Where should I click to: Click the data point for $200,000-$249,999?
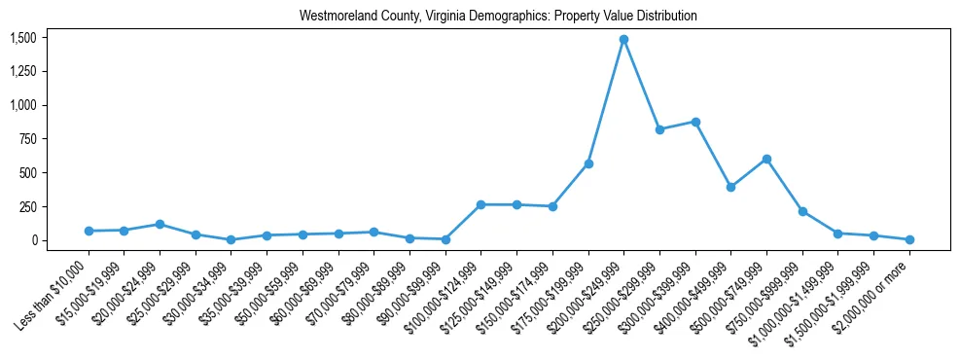point(623,40)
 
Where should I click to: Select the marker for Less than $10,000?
point(89,231)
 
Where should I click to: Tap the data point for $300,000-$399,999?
point(695,122)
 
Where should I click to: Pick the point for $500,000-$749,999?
point(766,159)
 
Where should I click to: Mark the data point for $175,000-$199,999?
point(588,163)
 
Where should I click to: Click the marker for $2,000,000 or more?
point(909,239)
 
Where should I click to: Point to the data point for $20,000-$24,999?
point(160,224)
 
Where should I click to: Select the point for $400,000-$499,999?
point(730,187)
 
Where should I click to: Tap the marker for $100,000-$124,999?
point(480,204)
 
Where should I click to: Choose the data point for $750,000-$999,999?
point(802,211)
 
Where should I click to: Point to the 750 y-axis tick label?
point(27,139)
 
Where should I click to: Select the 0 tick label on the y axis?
point(34,240)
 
